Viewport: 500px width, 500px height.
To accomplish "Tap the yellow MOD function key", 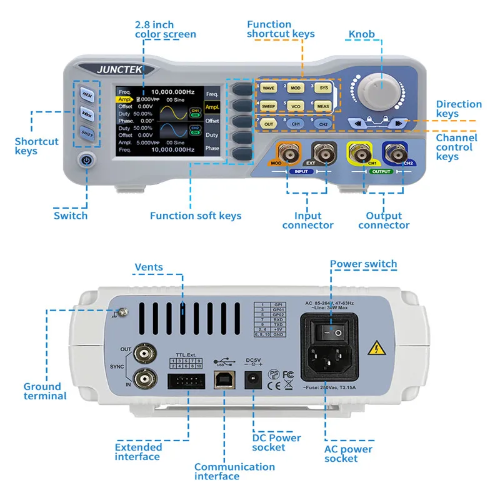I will [x=296, y=89].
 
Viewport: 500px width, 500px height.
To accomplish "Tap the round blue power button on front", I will [x=86, y=161].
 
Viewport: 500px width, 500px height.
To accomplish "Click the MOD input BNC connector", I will [x=289, y=152].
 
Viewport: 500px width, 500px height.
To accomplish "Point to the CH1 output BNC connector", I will [x=360, y=152].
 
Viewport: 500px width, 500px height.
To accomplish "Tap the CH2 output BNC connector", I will [x=395, y=152].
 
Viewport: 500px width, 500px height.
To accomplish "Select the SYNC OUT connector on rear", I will [x=145, y=354].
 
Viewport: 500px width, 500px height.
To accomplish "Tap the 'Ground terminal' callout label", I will [x=45, y=391].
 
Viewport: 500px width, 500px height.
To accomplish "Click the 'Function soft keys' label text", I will [x=195, y=216].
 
